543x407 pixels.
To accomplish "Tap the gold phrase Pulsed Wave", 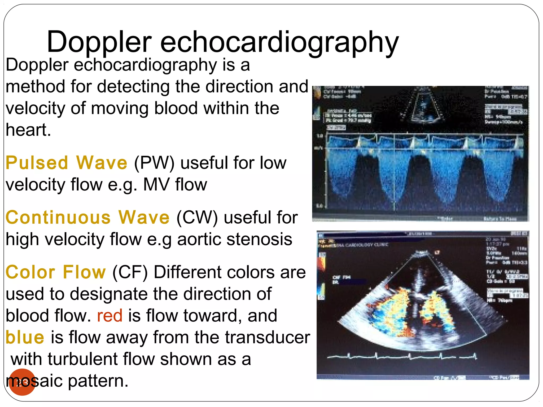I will coord(66,163).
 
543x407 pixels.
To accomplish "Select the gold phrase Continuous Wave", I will coord(87,218).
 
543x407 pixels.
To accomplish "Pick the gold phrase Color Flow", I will coord(56,272).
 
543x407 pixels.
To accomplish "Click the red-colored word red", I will coord(110,316).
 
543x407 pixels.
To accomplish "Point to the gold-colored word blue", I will coord(25,337).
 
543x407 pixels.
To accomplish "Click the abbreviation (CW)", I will coord(197,218).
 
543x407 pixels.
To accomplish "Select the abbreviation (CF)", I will coord(130,272).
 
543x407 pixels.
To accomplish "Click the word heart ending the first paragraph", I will coord(28,130).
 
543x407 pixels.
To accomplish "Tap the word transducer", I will coord(268,337).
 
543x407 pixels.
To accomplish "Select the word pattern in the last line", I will coord(98,381).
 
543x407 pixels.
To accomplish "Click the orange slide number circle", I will coord(22,382).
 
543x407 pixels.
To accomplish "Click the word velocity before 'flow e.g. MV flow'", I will coord(35,184).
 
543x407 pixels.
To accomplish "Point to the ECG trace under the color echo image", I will coord(402,357).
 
